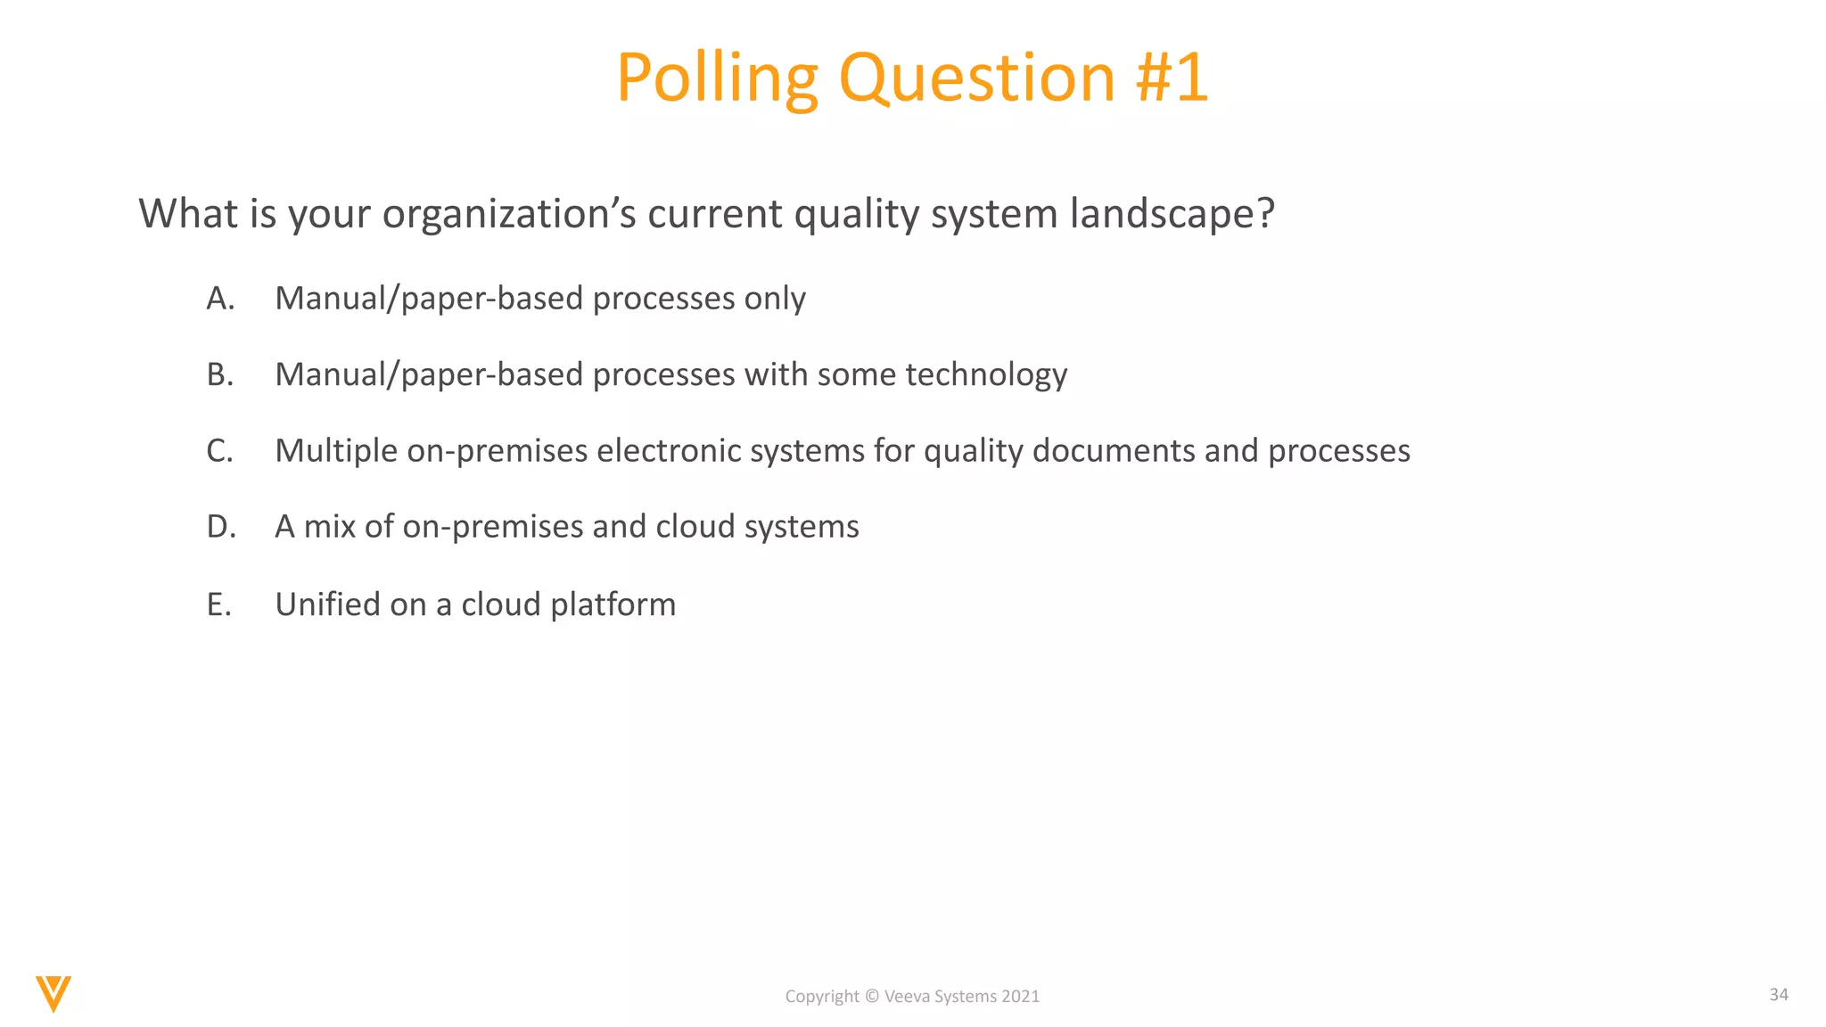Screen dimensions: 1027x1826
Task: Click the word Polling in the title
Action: click(x=717, y=78)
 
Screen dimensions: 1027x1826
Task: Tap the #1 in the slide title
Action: click(x=1172, y=78)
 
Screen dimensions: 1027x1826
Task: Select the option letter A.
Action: click(x=219, y=299)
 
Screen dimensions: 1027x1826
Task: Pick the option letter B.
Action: click(x=219, y=374)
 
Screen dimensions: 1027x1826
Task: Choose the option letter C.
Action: click(x=219, y=451)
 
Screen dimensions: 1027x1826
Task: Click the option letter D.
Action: click(x=220, y=527)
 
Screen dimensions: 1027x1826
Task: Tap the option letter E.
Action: click(x=218, y=604)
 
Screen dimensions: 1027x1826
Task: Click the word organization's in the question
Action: click(x=509, y=214)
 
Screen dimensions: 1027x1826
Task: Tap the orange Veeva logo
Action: click(x=53, y=993)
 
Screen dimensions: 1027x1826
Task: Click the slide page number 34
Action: click(x=1778, y=995)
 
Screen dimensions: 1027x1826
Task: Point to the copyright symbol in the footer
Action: click(x=872, y=997)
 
